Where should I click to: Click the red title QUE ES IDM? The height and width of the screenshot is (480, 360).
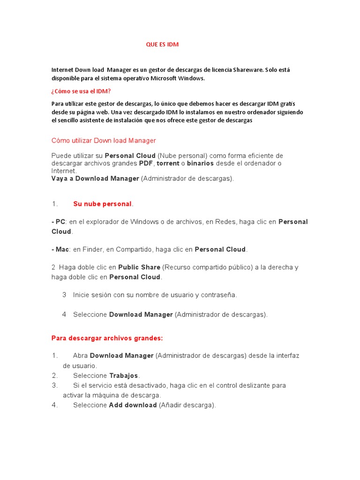(x=162, y=45)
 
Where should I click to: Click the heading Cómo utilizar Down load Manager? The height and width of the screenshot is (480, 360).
(x=104, y=141)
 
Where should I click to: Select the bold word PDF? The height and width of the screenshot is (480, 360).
(x=146, y=163)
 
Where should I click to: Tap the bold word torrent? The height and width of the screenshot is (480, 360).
(x=168, y=163)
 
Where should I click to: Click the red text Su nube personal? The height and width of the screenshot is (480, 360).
(x=102, y=204)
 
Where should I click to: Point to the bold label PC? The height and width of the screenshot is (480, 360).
(x=60, y=222)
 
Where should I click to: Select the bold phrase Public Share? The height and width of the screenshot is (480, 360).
(x=139, y=267)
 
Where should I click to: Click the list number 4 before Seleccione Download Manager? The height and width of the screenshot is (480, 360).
(x=64, y=315)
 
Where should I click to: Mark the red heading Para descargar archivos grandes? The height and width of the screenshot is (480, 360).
(x=107, y=338)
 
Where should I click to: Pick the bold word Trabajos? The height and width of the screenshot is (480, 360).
(x=124, y=375)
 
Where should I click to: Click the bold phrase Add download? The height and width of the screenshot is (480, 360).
(x=133, y=405)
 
